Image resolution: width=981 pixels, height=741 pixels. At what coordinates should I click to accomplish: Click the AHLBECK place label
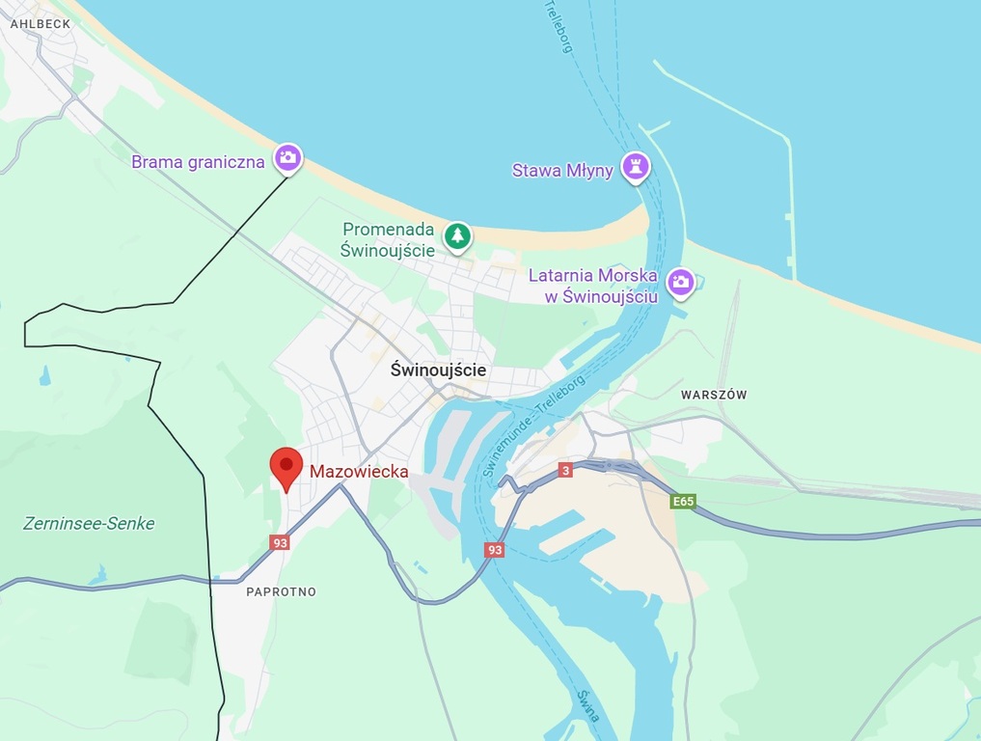pyautogui.click(x=41, y=23)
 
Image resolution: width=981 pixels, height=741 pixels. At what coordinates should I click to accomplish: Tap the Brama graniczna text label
pyautogui.click(x=198, y=162)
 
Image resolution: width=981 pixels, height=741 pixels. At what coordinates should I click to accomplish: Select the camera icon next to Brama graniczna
pyautogui.click(x=287, y=157)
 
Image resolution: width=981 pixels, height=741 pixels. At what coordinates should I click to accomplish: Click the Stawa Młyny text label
pyautogui.click(x=562, y=171)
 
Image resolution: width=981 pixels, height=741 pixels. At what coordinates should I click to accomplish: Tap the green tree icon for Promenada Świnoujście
pyautogui.click(x=457, y=234)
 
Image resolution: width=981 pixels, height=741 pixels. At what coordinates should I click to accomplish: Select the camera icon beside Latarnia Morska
pyautogui.click(x=680, y=282)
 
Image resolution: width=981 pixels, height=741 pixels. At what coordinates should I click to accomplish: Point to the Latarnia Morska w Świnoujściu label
pyautogui.click(x=593, y=287)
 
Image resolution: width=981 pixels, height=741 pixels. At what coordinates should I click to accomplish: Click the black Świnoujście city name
pyautogui.click(x=439, y=370)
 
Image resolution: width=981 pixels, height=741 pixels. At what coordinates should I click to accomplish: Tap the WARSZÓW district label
pyautogui.click(x=714, y=395)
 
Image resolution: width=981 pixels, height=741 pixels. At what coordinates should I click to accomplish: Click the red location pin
pyautogui.click(x=286, y=469)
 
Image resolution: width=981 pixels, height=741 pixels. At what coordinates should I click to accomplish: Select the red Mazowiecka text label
pyautogui.click(x=358, y=472)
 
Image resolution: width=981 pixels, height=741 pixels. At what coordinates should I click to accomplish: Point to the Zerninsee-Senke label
pyautogui.click(x=89, y=524)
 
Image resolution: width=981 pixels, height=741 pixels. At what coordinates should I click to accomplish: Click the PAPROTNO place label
pyautogui.click(x=281, y=591)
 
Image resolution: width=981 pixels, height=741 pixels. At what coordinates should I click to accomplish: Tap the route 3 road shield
pyautogui.click(x=565, y=470)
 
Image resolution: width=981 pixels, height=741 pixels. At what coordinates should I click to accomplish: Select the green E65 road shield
pyautogui.click(x=683, y=502)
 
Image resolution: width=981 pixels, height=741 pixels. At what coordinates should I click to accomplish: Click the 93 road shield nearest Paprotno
pyautogui.click(x=280, y=542)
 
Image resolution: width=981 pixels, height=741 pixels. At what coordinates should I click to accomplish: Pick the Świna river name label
pyautogui.click(x=588, y=706)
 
